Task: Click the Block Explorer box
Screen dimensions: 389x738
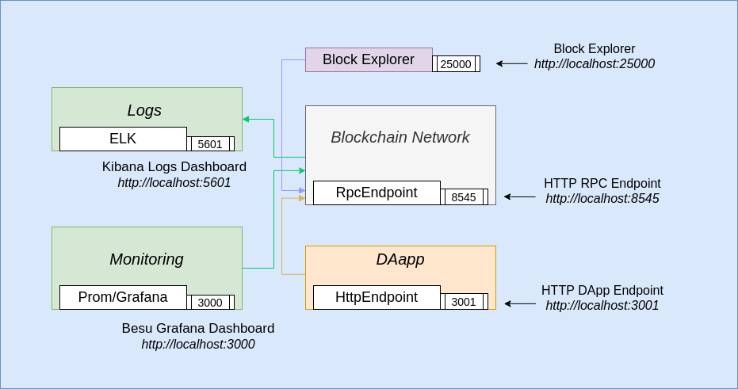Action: [x=369, y=59]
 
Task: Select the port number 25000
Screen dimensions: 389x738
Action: [x=456, y=64]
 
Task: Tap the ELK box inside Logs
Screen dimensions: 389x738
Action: [x=123, y=139]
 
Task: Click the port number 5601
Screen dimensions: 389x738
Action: [x=210, y=144]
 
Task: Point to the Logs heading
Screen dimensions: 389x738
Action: [x=144, y=110]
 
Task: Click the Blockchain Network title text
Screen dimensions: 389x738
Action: [x=400, y=137]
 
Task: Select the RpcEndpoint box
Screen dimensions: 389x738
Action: [x=377, y=193]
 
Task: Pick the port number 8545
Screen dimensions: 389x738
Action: [x=464, y=197]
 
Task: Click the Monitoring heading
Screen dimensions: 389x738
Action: [x=147, y=259]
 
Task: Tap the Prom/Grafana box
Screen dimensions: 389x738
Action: [x=123, y=297]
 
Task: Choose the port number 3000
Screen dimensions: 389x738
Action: [x=210, y=303]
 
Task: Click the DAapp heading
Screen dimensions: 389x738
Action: [x=400, y=259]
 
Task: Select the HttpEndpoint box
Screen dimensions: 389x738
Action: [x=377, y=297]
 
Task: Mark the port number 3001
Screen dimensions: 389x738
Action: [x=464, y=302]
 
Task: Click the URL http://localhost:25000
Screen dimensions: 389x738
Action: [x=595, y=64]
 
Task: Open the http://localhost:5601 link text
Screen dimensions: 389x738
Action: [x=174, y=182]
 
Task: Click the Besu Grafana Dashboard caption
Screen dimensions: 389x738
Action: [x=198, y=328]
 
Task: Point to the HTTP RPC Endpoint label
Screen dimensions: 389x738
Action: [x=602, y=183]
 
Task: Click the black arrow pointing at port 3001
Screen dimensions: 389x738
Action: [x=520, y=303]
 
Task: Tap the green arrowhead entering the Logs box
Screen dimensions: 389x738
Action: [x=246, y=120]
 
